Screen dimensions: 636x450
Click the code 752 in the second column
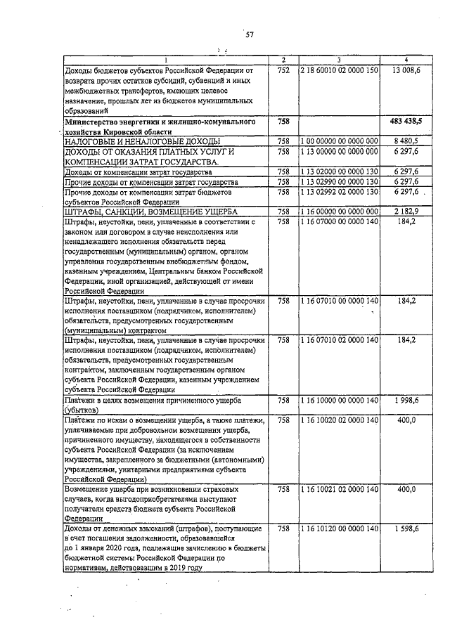(x=283, y=70)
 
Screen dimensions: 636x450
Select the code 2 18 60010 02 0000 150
(x=339, y=70)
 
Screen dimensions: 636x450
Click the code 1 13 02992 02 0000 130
(x=339, y=192)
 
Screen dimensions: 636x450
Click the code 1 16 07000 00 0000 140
(x=339, y=221)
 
